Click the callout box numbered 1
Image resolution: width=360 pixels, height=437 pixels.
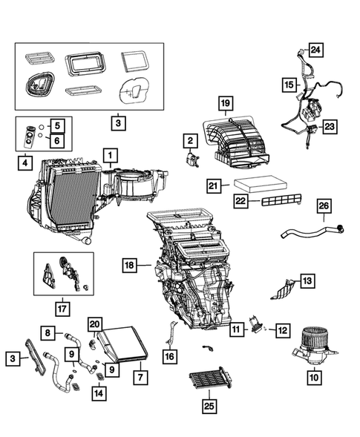[109, 155]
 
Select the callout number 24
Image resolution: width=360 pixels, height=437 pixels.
[315, 50]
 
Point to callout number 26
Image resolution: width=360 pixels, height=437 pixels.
[324, 206]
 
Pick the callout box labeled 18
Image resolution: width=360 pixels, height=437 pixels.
[130, 265]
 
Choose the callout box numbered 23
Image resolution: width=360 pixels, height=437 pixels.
[329, 127]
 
